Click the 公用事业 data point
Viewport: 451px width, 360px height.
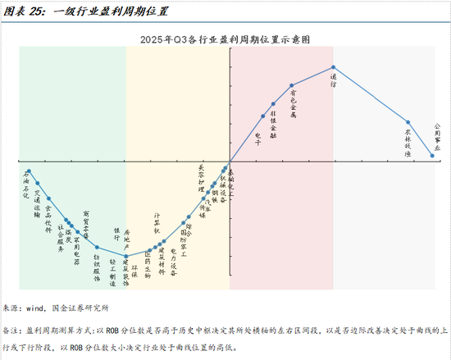click(432, 154)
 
